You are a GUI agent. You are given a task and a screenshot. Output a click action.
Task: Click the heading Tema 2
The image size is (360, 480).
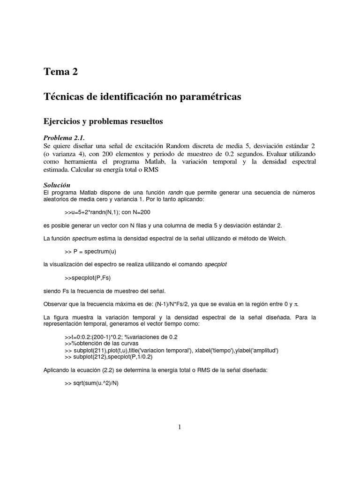[x=60, y=72]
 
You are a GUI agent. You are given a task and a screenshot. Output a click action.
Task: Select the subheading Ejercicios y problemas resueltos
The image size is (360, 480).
[x=103, y=121]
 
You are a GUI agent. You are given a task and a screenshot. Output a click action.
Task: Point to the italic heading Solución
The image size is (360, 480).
[x=57, y=185]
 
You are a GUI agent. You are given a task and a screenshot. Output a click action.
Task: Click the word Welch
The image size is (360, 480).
[x=277, y=238]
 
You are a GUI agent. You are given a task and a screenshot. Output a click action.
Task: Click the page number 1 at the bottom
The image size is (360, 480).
[x=180, y=427]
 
